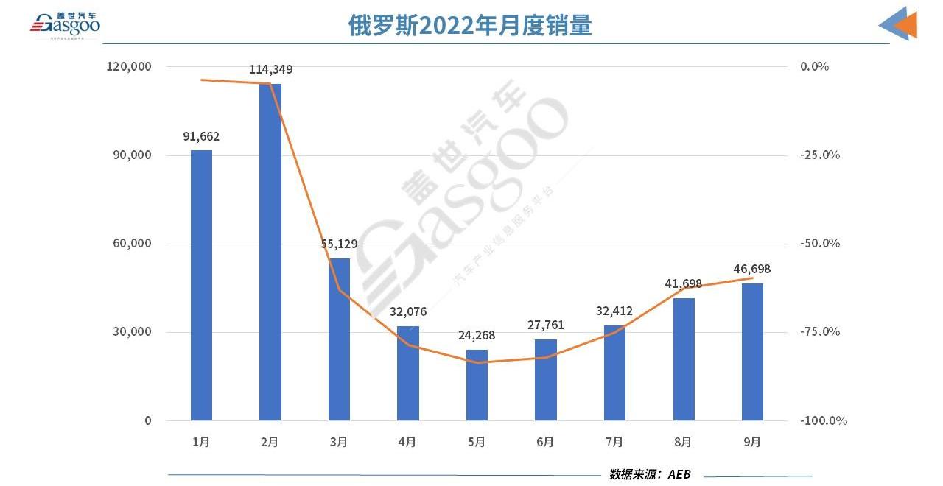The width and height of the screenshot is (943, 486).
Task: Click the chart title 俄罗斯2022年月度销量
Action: point(470,26)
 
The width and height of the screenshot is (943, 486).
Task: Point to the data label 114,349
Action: point(270,70)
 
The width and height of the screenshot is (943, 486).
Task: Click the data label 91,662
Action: point(201,136)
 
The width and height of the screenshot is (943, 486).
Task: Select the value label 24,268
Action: point(477,336)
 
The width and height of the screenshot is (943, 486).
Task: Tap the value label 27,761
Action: point(546,325)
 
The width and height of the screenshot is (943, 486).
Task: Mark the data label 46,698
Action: point(752,270)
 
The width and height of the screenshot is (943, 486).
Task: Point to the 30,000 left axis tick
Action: point(133,332)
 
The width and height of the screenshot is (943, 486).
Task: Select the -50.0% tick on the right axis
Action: point(820,244)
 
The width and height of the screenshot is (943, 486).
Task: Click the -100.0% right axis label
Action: point(823,420)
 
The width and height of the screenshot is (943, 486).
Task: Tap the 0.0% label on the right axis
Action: point(814,66)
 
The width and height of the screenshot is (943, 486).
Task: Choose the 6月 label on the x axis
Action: point(545,442)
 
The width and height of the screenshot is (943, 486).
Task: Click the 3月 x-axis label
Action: point(339,442)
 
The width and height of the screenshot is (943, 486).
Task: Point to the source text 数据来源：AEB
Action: point(650,474)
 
